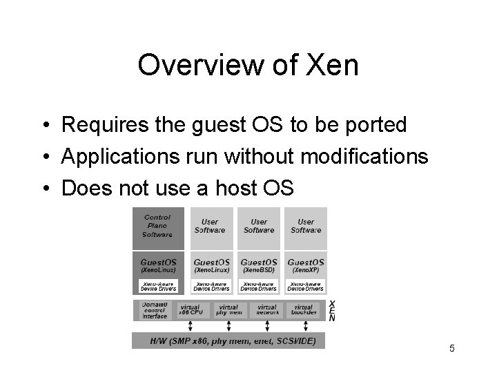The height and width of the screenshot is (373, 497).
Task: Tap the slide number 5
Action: click(451, 348)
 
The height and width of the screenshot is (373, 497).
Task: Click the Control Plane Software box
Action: click(158, 227)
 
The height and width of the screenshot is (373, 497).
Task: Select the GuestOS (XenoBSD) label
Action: click(259, 265)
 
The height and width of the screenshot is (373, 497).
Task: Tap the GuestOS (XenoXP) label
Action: click(305, 265)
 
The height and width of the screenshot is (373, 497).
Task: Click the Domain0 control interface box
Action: click(154, 311)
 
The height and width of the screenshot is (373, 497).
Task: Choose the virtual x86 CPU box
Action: click(190, 310)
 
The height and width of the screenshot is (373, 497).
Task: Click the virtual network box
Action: click(266, 310)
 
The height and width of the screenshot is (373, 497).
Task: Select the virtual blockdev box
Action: click(304, 310)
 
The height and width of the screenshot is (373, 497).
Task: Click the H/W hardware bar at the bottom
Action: click(228, 341)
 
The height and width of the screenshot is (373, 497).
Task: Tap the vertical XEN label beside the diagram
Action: click(332, 310)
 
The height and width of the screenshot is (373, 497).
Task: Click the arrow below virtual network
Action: click(266, 327)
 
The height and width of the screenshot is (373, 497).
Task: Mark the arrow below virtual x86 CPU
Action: click(190, 327)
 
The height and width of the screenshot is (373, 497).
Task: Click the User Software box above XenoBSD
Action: click(259, 227)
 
